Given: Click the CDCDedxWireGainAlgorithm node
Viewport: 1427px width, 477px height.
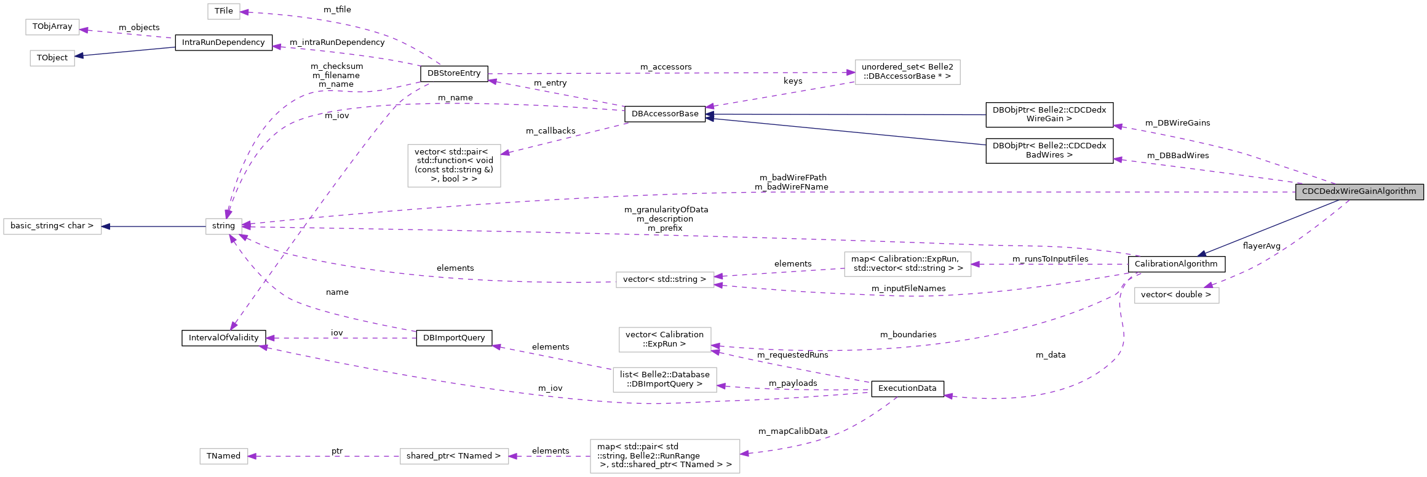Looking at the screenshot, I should tap(1359, 191).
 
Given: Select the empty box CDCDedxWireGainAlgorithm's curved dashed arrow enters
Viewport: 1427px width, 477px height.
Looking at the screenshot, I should tap(1176, 295).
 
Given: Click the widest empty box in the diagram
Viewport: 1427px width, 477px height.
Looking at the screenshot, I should tap(665, 456).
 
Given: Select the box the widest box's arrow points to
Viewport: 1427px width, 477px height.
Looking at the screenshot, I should tap(454, 456).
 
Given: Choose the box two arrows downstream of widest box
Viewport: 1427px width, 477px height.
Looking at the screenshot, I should tap(223, 456).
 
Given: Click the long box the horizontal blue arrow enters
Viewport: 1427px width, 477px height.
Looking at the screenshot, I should tap(52, 226).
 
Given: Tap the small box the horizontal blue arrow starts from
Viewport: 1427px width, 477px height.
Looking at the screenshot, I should tap(223, 226).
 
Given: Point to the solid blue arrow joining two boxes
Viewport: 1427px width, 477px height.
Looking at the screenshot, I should tap(154, 226).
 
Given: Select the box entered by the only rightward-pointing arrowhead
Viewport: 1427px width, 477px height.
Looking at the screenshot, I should tap(907, 72).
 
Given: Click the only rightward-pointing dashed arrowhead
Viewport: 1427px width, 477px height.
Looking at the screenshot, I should tap(851, 73).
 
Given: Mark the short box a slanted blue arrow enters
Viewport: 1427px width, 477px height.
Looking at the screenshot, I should tap(52, 58).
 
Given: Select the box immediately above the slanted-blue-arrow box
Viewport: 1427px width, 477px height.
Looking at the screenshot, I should tap(52, 27).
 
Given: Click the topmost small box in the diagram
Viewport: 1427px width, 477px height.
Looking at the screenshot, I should tap(223, 11).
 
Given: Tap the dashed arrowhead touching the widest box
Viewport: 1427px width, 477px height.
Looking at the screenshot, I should tap(744, 454).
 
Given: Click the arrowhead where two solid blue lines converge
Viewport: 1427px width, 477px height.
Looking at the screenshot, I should tap(709, 116).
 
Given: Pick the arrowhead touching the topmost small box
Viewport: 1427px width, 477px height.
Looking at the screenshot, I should tap(244, 12).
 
